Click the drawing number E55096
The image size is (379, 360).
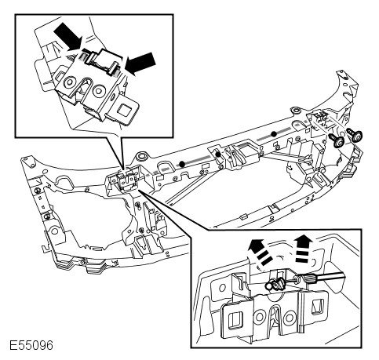31,345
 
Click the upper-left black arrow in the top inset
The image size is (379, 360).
67,36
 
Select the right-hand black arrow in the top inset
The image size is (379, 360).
140,64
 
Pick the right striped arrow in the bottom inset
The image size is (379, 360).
304,249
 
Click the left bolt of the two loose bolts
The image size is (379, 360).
337,140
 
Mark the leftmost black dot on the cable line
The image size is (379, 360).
182,164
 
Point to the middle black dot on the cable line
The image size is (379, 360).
218,155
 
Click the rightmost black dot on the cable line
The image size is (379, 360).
274,134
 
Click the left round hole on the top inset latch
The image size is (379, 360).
69,82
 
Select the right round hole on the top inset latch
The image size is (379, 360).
99,91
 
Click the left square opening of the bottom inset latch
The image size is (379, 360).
234,319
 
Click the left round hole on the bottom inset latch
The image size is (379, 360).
260,317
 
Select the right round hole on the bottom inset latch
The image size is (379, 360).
290,318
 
